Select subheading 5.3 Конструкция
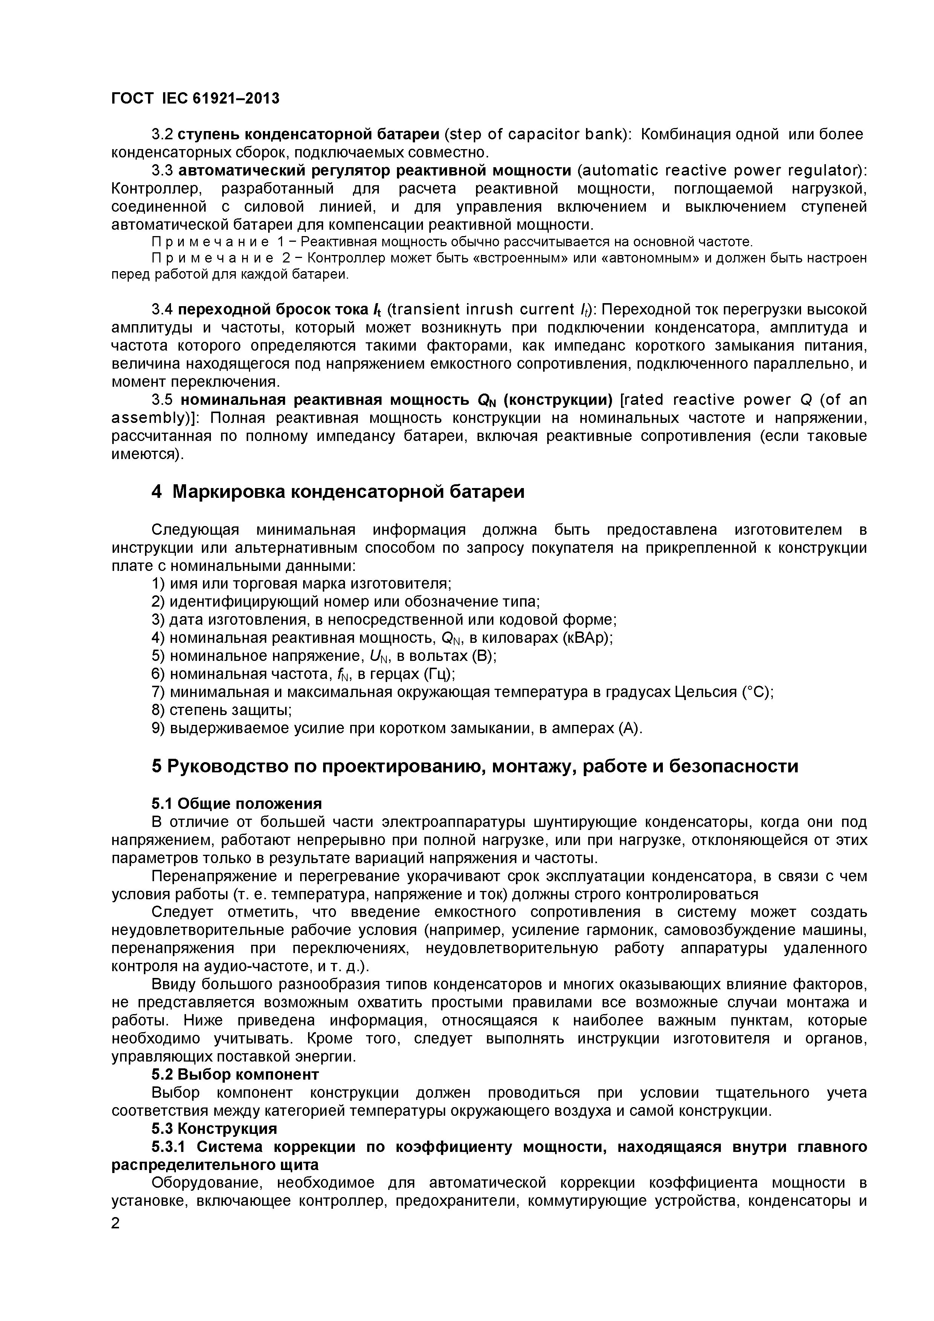point(214,1128)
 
